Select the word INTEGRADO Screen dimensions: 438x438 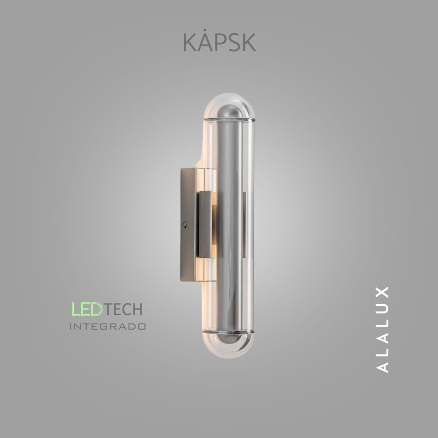click(x=108, y=326)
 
